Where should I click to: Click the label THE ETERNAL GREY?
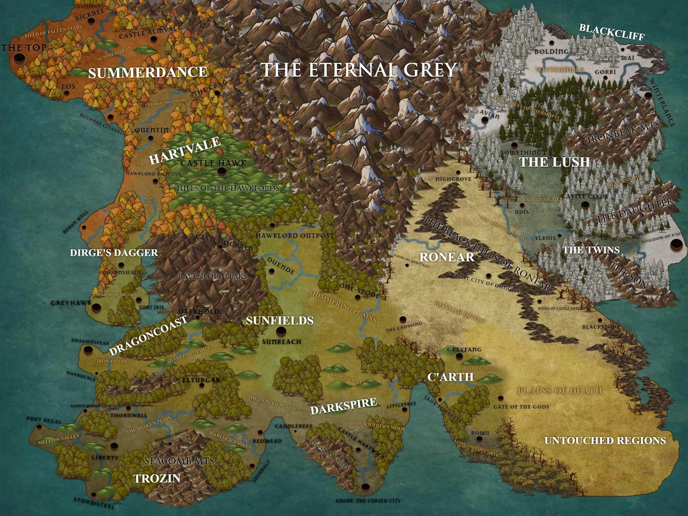point(359,70)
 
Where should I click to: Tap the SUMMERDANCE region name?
point(147,72)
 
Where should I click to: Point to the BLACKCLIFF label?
point(612,32)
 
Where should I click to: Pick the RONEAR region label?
point(447,257)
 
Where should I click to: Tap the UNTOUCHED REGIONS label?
point(605,440)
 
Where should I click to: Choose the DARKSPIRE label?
point(343,406)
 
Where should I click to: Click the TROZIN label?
point(157,478)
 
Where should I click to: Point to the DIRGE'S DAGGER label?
point(114,252)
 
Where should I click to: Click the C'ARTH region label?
point(451,377)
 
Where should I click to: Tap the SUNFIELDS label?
point(279,320)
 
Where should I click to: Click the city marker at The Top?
point(19,59)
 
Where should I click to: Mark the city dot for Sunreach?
point(281,331)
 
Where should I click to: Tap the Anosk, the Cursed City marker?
point(365,488)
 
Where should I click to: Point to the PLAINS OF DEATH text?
point(560,390)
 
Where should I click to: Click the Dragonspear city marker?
point(88,350)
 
